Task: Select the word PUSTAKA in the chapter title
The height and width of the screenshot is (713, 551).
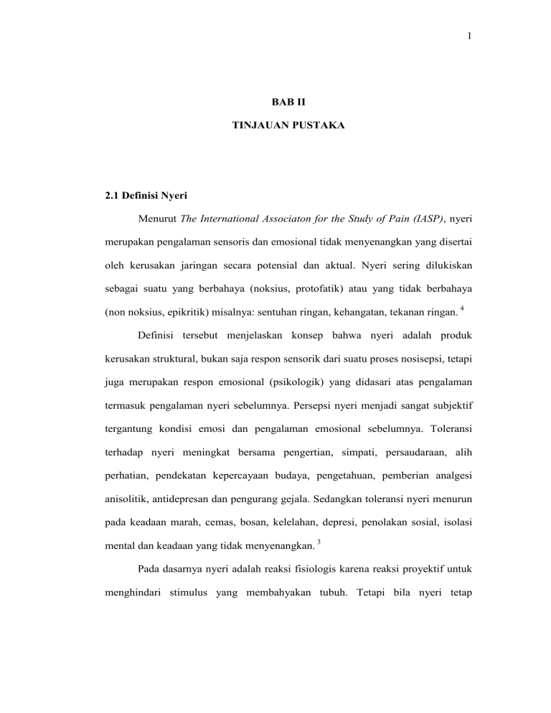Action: point(310,145)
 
